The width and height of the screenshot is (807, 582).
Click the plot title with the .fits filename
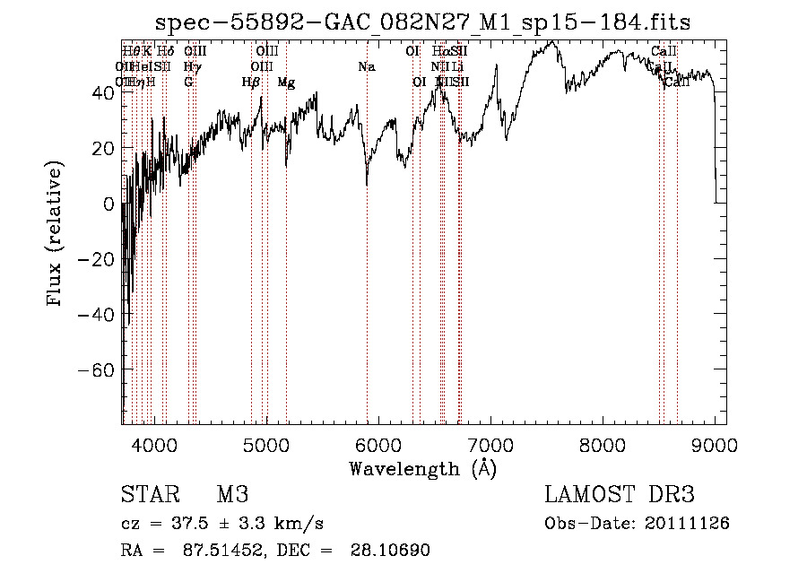click(422, 22)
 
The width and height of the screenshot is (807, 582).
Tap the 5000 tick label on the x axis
click(265, 444)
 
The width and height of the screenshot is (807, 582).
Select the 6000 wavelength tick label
click(378, 444)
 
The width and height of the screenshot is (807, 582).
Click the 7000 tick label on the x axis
click(490, 444)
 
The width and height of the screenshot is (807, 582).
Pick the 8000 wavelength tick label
click(603, 444)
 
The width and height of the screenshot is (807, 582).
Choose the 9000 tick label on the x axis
click(716, 444)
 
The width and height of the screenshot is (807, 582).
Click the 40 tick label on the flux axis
click(102, 92)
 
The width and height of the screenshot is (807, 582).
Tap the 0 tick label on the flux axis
click(108, 204)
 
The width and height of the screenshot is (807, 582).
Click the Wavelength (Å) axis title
click(422, 468)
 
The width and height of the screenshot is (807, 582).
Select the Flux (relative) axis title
click(56, 233)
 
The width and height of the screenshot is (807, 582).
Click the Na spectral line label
click(366, 67)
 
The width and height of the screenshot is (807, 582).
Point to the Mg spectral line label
click(286, 83)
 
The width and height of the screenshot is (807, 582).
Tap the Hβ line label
click(251, 83)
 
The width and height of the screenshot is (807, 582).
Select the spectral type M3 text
click(231, 495)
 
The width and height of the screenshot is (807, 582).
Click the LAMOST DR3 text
click(620, 495)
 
